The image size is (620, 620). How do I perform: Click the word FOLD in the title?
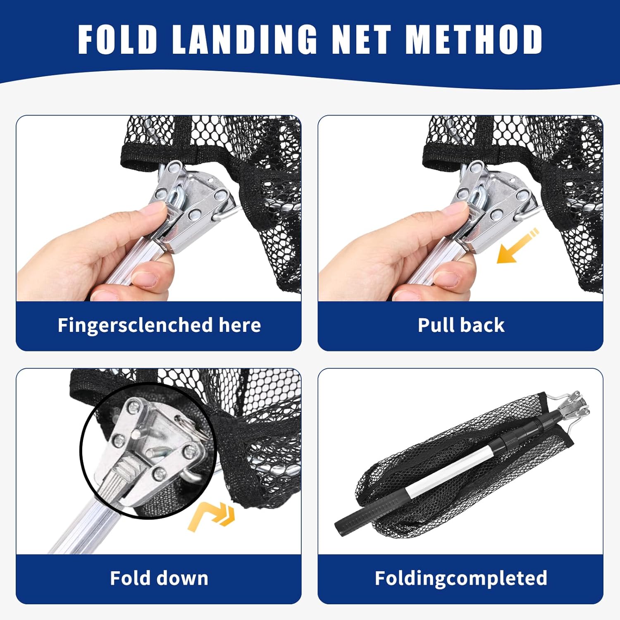pos(118,39)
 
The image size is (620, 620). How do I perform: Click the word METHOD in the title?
pos(474,39)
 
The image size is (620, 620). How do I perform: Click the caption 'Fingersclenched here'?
pos(159,325)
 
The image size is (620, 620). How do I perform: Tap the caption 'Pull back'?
pos(461,325)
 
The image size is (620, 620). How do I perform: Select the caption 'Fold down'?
pos(159,578)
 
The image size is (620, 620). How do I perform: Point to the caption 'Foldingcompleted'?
pos(461,578)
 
